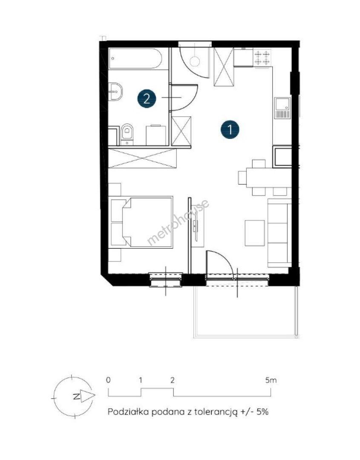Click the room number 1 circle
tap(230, 129)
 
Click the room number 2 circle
tap(147, 98)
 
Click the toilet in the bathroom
tap(127, 134)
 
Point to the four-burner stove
tap(262, 57)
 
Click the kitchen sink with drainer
tap(282, 108)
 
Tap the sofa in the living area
tap(279, 233)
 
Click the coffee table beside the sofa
tap(255, 233)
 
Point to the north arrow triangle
tap(87, 397)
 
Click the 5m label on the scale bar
tap(271, 380)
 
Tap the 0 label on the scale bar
tap(109, 380)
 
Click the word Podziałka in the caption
tap(128, 411)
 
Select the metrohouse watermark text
tap(178, 222)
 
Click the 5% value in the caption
tap(262, 411)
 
